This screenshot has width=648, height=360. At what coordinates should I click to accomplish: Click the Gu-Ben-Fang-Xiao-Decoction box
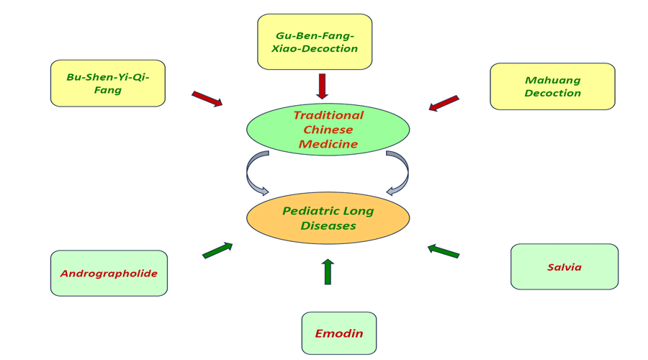pos(315,42)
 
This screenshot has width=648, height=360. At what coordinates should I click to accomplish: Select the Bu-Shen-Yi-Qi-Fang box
pos(108,84)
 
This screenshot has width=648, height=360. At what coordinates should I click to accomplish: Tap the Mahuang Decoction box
pos(552,86)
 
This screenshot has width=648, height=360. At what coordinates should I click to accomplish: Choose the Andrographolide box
pos(109,273)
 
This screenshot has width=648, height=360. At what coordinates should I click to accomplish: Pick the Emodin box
pos(338,333)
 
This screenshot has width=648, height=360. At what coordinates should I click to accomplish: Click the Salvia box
pos(564,266)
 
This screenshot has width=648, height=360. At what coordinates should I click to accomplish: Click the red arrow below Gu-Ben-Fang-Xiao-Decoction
pos(322,86)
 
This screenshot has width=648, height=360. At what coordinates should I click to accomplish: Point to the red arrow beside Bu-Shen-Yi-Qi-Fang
pos(207,99)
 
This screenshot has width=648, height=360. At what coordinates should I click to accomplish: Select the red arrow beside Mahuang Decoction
pos(444,104)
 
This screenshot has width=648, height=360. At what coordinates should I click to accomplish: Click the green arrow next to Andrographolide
pos(217,251)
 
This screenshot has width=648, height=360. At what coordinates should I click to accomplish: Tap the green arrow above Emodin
pos(328,271)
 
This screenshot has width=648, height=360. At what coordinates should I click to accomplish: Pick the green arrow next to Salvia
pos(444,251)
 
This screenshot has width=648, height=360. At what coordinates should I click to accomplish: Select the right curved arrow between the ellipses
pos(400,174)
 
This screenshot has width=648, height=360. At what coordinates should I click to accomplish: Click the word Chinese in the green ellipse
pos(328,130)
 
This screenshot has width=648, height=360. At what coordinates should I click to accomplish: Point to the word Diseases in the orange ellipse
pos(328,225)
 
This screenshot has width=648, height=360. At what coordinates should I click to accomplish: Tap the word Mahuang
pos(553,81)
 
